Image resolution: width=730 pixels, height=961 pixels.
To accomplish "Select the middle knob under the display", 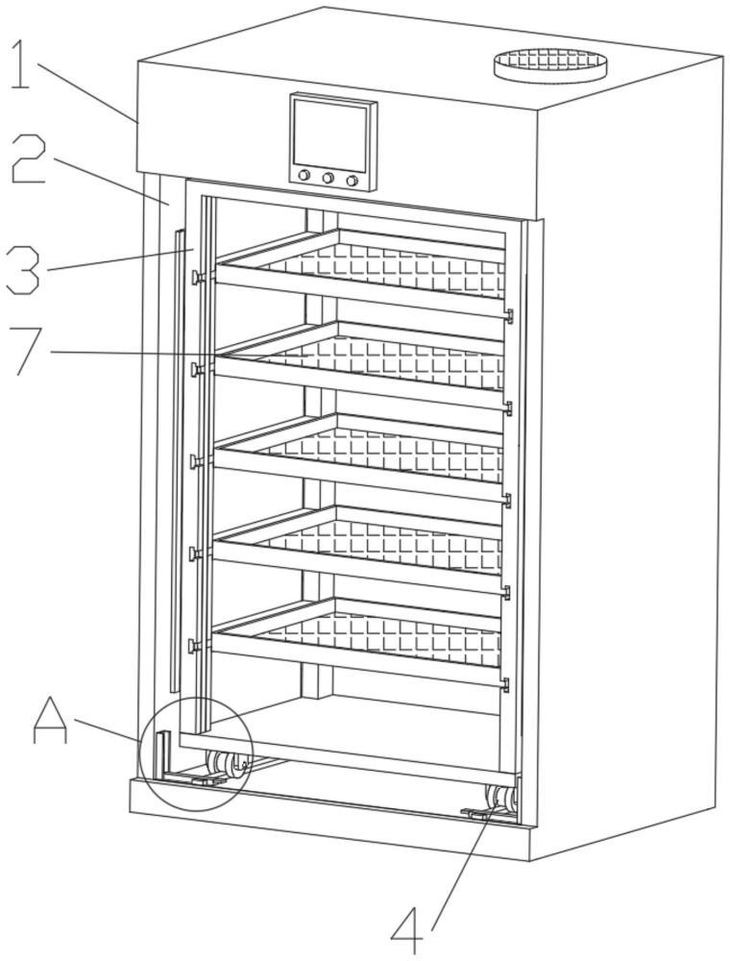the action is click(328, 179).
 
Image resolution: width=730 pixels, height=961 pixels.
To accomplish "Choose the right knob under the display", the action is click(352, 181).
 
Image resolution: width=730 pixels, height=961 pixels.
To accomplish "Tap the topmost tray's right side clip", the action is click(508, 315).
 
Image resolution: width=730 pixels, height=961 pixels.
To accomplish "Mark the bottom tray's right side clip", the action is click(506, 684).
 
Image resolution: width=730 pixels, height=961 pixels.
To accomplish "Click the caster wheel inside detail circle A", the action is click(223, 767).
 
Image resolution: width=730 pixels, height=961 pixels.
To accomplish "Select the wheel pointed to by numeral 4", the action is click(501, 800).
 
